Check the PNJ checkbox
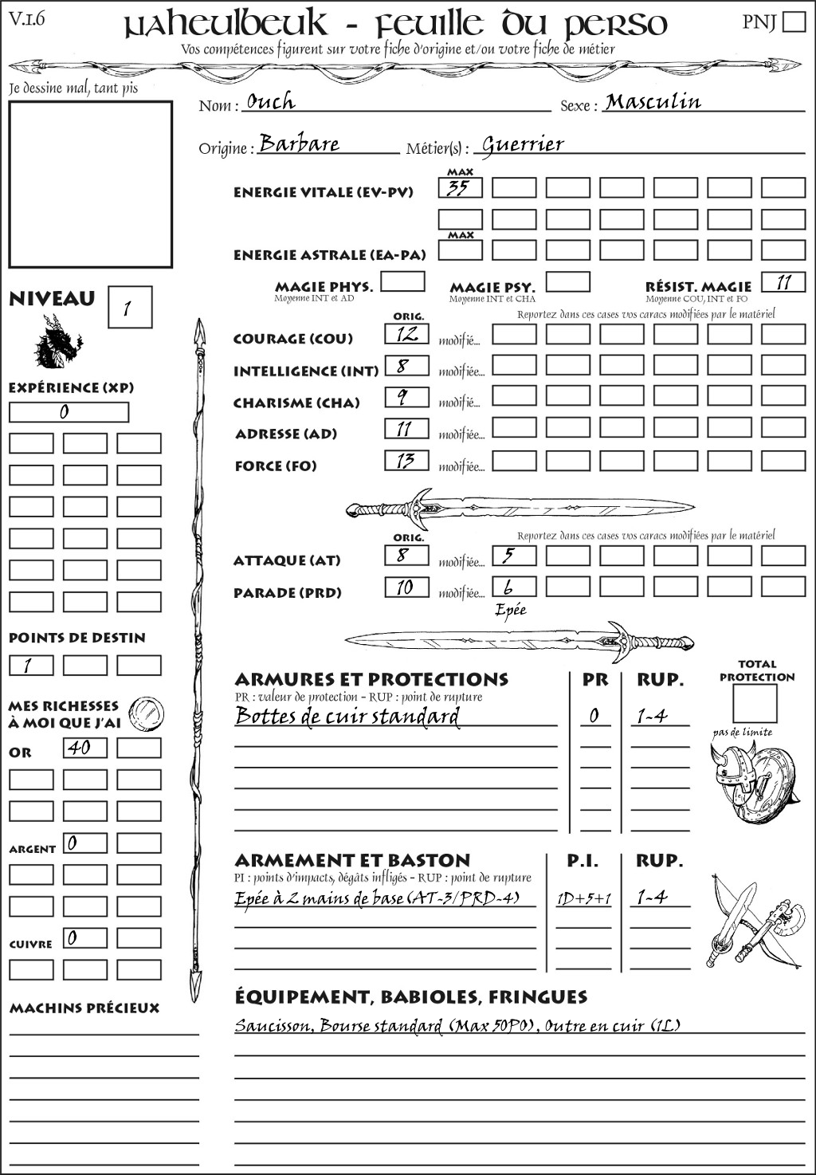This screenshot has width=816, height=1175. click(x=794, y=22)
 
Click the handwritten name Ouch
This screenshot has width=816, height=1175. click(x=271, y=102)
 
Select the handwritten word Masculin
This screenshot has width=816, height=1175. click(x=653, y=102)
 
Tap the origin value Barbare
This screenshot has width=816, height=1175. click(x=300, y=144)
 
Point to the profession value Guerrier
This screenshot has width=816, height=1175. click(x=523, y=145)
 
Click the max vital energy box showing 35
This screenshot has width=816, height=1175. click(x=460, y=188)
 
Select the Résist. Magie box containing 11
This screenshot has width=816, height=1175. click(x=783, y=282)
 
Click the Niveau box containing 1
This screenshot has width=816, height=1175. click(x=129, y=308)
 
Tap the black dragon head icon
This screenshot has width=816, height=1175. click(x=57, y=342)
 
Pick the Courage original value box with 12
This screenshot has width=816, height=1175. click(x=406, y=334)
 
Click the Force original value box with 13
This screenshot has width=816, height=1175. click(x=406, y=461)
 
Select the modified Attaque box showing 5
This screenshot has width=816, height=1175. click(x=513, y=556)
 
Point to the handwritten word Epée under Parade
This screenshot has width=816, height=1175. click(x=511, y=611)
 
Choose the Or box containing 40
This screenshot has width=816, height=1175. click(x=84, y=748)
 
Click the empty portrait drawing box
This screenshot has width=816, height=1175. click(x=90, y=184)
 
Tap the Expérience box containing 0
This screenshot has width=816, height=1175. click(x=69, y=412)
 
